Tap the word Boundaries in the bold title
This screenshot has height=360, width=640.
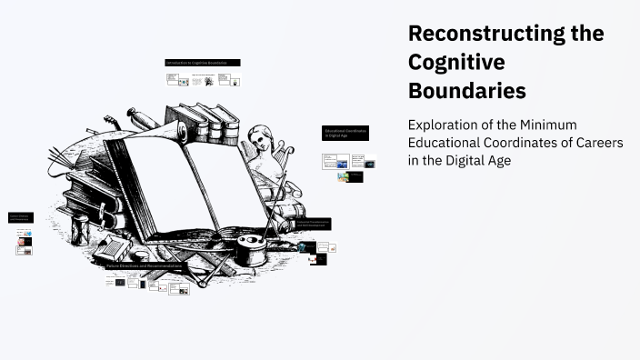coord(466,92)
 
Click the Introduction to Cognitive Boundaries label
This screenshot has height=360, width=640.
coord(203,63)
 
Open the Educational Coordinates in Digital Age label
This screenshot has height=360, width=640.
coord(346,133)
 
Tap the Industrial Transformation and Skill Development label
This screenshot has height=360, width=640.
coord(313,223)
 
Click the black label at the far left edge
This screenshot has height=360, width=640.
coord(19,218)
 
